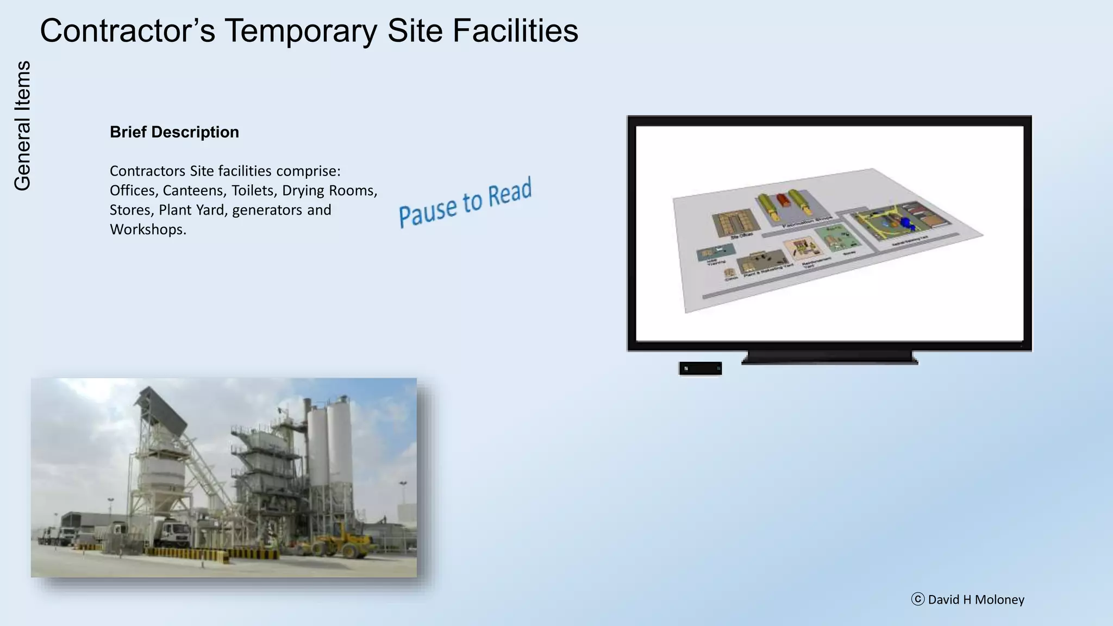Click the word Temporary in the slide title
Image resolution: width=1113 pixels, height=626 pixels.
coord(300,31)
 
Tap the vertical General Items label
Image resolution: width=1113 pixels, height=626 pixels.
coord(22,126)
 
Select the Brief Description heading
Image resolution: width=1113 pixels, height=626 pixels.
coord(174,132)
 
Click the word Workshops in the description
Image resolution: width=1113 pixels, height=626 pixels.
coord(147,229)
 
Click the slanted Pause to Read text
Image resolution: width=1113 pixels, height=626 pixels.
coord(465,202)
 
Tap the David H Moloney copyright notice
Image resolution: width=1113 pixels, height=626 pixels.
coord(968,599)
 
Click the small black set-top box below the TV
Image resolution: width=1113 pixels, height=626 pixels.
coord(700,368)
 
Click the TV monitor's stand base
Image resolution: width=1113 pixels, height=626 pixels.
coord(829,358)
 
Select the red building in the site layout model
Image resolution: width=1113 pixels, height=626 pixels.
coord(783,200)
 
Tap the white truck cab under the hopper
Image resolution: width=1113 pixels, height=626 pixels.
coord(175,534)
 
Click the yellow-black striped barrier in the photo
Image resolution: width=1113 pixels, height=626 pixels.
coord(185,553)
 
